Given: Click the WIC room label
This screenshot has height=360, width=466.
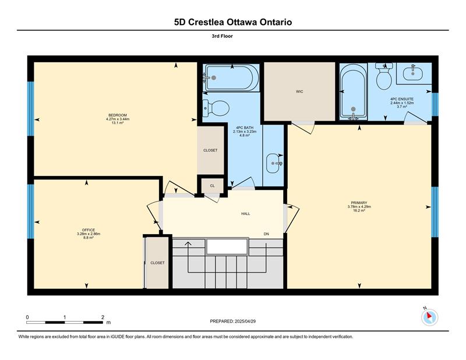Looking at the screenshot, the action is tap(299, 91).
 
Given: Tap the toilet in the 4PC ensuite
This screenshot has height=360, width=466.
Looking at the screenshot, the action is tap(384, 76).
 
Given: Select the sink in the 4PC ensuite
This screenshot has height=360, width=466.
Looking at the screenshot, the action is tap(413, 73).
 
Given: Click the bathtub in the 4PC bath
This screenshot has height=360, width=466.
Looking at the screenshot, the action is tap(230, 78).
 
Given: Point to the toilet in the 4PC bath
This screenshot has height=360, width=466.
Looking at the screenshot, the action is tap(216, 108).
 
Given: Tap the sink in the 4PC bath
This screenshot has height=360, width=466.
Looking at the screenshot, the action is tap(274, 163).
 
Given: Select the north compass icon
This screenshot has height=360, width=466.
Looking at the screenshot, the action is tap(429, 317).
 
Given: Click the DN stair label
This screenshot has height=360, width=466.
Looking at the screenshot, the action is tap(266, 234).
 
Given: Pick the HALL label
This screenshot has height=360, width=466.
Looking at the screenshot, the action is tap(245, 213).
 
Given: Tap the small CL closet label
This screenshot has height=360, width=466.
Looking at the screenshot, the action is tap(212, 186).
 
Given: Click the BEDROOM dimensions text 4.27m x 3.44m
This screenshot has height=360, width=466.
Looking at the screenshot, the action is tap(118, 119).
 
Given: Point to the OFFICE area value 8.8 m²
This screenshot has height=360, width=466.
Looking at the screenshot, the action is tap(89, 238).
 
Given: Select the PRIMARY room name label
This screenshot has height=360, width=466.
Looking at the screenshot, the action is tap(359, 203).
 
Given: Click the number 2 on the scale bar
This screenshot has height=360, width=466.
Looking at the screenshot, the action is tap(103, 317).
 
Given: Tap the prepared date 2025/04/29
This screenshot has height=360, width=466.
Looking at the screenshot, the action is tap(245, 322).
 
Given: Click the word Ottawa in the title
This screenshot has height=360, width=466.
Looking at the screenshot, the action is tap(242, 22).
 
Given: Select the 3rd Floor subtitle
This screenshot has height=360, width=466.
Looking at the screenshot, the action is tap(223, 36).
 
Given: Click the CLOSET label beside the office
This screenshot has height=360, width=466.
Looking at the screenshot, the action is tap(157, 263).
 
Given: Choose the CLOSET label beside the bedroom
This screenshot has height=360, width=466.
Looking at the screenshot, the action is tap(210, 150).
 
